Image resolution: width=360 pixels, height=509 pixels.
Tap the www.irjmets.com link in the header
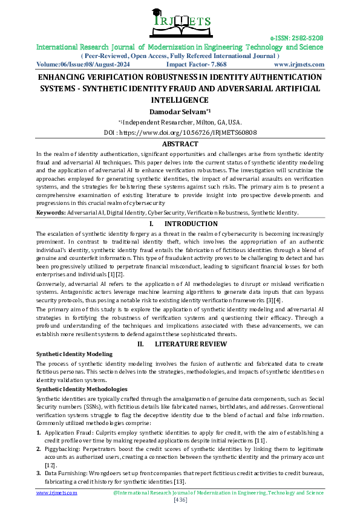[298, 64]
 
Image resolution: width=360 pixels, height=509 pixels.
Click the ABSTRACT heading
[180, 144]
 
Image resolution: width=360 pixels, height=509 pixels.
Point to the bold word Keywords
[51, 213]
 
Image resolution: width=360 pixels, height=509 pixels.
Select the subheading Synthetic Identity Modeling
[74, 353]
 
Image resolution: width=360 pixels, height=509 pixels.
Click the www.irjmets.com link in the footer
[57, 493]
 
